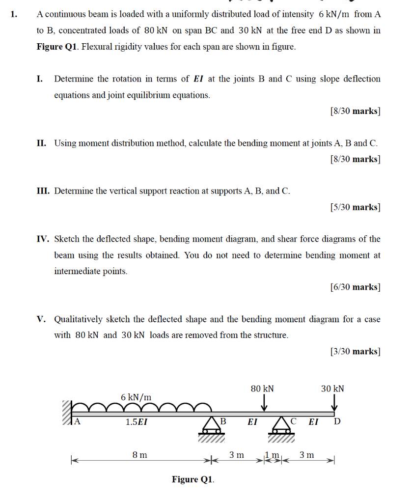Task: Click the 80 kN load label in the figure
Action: click(262, 389)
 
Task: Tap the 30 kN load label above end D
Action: click(332, 389)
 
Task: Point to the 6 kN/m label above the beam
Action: click(136, 397)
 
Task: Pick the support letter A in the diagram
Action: click(77, 421)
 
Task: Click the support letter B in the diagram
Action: click(222, 421)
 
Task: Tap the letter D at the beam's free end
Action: click(337, 421)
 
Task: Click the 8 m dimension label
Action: click(139, 455)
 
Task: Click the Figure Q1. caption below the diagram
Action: click(193, 479)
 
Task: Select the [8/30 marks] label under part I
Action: click(356, 111)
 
